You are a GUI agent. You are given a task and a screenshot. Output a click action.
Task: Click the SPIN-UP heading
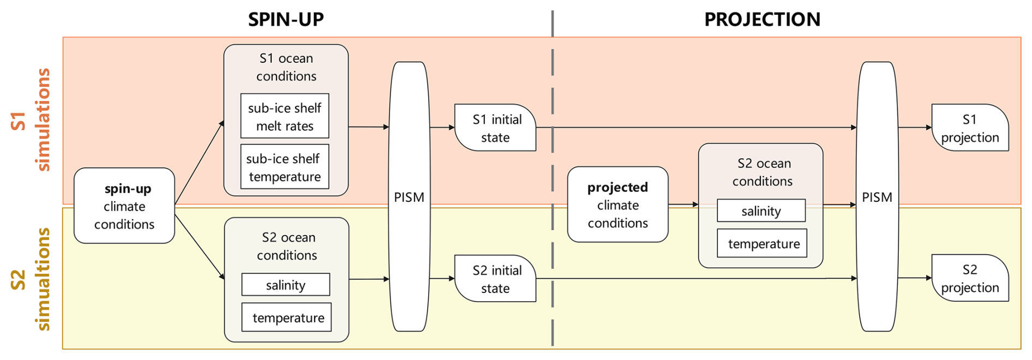pyautogui.click(x=286, y=20)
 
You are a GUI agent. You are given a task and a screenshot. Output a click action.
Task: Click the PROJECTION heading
pyautogui.click(x=762, y=20)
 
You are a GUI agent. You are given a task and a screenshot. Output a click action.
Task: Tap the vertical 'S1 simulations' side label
pyautogui.click(x=31, y=119)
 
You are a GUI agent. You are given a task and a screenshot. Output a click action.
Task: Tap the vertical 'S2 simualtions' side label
pyautogui.click(x=31, y=279)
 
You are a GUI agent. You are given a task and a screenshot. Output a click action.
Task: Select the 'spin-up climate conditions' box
pyautogui.click(x=124, y=206)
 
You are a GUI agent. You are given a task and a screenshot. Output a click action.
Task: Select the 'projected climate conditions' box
pyautogui.click(x=617, y=205)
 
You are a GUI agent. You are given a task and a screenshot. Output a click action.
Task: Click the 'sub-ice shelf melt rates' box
pyautogui.click(x=285, y=116)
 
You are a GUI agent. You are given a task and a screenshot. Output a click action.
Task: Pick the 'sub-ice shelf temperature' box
pyautogui.click(x=285, y=167)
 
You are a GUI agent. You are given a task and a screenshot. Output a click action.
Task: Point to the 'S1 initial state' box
pyautogui.click(x=495, y=128)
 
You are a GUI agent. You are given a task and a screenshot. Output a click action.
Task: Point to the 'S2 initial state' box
pyautogui.click(x=495, y=279)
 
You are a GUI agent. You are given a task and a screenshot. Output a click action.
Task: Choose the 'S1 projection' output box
pyautogui.click(x=970, y=128)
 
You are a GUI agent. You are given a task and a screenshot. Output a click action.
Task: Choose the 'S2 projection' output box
pyautogui.click(x=970, y=278)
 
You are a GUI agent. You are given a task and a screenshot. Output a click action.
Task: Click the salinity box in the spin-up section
pyautogui.click(x=286, y=285)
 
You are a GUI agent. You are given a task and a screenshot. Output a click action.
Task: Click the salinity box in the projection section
pyautogui.click(x=761, y=211)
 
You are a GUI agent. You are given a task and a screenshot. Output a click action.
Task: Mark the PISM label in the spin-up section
pyautogui.click(x=409, y=197)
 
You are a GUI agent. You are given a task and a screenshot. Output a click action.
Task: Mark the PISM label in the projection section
pyautogui.click(x=877, y=197)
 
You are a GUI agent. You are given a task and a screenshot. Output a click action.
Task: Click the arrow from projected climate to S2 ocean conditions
pyautogui.click(x=683, y=205)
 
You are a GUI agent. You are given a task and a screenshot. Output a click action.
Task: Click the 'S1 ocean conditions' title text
pyautogui.click(x=286, y=67)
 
